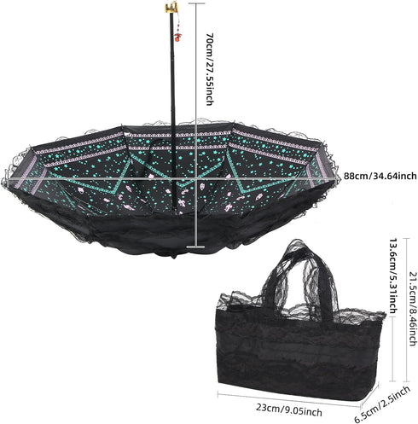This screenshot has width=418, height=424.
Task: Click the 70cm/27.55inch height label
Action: (209, 69)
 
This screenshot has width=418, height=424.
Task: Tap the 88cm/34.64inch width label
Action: (380, 176)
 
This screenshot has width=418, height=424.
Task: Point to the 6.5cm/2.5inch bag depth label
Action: (382, 404)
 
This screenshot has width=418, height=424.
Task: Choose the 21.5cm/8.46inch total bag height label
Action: (413, 309)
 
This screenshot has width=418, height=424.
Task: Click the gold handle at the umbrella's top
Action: (171, 7)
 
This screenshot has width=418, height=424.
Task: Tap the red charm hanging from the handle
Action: (178, 36)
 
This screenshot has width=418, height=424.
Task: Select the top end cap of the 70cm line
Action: (196, 3)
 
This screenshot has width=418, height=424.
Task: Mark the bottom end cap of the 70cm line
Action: (195, 247)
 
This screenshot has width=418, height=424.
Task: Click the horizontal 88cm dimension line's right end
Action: (340, 178)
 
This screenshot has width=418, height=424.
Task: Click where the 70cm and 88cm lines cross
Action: (196, 178)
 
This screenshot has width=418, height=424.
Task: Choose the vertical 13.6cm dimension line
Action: (392, 349)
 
